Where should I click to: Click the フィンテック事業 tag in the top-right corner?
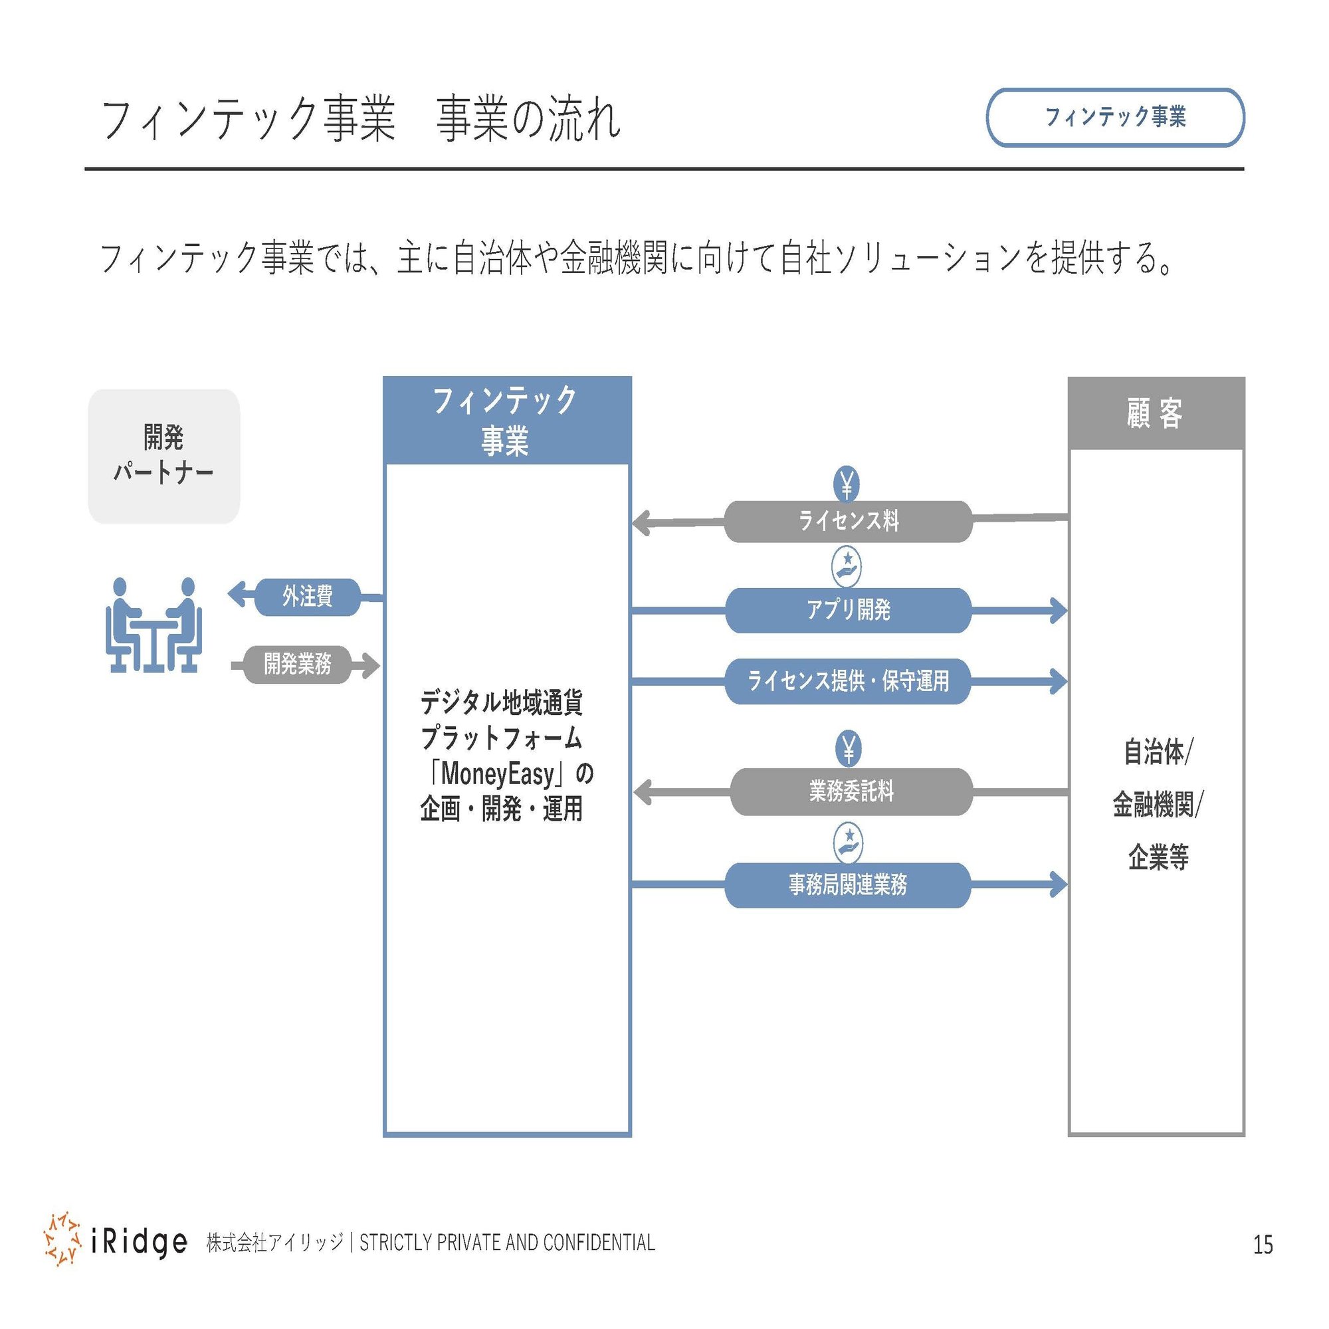tap(1114, 117)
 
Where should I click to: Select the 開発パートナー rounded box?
tap(163, 456)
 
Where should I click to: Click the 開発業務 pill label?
tap(297, 664)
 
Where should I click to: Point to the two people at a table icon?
tap(153, 625)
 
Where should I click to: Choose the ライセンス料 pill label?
tap(848, 521)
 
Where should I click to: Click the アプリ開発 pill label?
tap(848, 610)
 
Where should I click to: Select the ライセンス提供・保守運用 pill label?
tap(848, 681)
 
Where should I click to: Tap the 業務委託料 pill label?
tap(851, 792)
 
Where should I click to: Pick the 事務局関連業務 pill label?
tap(847, 884)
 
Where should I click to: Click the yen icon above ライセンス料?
tap(847, 484)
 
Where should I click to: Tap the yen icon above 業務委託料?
tap(848, 748)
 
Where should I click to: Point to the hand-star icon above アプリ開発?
tap(847, 566)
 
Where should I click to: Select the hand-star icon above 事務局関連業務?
tap(848, 843)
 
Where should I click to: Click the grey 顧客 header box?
tap(1156, 413)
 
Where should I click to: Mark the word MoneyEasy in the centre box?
tap(497, 774)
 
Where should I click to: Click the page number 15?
tap(1263, 1245)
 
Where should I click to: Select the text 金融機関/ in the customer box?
tap(1158, 804)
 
